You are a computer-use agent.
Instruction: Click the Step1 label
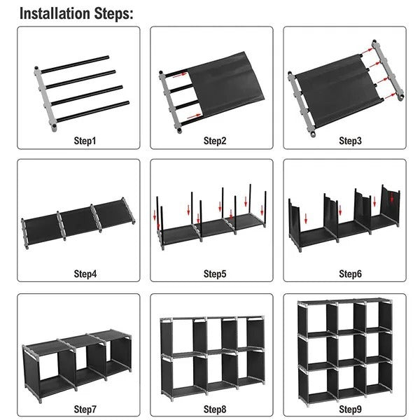pos(85,141)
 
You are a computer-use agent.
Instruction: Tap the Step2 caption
pos(215,141)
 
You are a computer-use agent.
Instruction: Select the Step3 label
pos(350,141)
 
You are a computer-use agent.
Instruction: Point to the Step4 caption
pos(85,273)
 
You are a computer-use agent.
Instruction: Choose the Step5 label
pos(215,273)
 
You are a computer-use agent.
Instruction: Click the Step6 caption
pos(350,273)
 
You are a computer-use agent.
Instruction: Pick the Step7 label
pos(85,407)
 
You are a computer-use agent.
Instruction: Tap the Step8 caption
pos(215,407)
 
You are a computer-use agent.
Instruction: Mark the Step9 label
pos(350,407)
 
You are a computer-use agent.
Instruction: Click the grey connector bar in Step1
pos(44,98)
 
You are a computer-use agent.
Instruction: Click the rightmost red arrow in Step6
pos(392,198)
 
